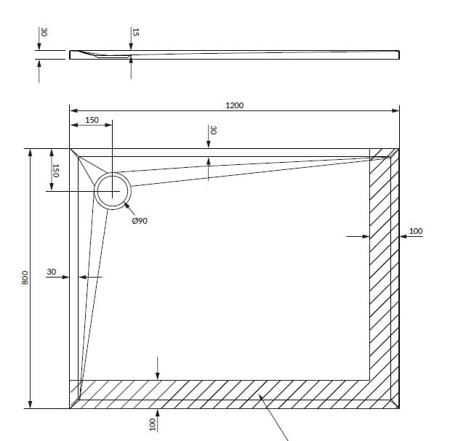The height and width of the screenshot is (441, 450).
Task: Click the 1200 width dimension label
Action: point(235,105)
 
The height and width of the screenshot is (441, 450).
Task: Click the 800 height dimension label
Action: point(25,278)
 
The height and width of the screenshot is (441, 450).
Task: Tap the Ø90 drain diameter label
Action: point(140,221)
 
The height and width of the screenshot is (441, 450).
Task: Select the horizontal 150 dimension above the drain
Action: point(92,120)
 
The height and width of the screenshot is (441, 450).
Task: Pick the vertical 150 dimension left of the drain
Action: point(55,171)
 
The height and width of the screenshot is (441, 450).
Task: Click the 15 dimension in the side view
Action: point(135,32)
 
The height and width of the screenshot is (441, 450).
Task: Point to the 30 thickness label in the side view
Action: point(44,32)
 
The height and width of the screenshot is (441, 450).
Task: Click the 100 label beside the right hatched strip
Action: point(416,231)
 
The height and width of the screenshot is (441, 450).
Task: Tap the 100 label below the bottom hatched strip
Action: point(153,424)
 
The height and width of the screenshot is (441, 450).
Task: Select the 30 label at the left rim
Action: point(52,272)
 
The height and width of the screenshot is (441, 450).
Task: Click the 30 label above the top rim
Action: point(213,130)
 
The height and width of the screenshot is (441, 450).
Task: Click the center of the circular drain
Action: point(112,191)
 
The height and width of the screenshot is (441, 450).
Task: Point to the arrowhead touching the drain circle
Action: point(126,205)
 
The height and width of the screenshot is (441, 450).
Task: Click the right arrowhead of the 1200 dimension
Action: point(395,110)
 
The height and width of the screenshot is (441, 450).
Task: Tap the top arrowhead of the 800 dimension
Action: point(30,153)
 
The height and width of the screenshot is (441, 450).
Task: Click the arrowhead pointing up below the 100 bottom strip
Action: point(157,413)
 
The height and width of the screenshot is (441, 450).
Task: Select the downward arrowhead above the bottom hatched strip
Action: point(157,376)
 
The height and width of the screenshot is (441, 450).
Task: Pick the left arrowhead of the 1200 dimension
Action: point(73,110)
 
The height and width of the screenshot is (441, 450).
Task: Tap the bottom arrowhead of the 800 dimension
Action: point(30,405)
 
